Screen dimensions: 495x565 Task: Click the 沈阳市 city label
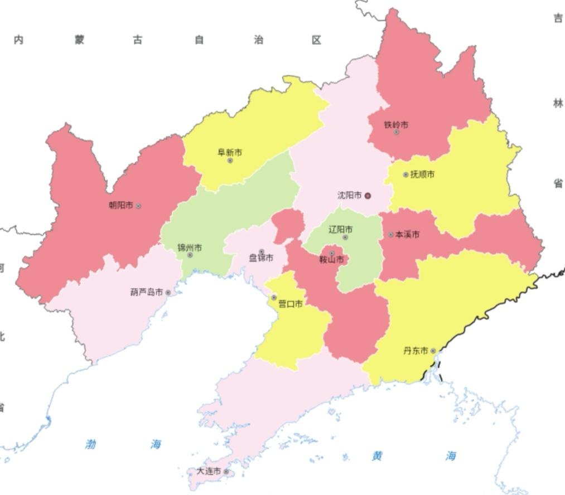(350, 196)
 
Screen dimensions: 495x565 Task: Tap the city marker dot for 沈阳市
(368, 196)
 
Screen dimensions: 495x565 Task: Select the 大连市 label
(209, 472)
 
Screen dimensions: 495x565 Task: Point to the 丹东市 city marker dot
(433, 351)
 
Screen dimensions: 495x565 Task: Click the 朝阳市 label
(121, 205)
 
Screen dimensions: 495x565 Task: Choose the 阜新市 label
(230, 152)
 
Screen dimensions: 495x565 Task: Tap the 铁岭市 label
(396, 125)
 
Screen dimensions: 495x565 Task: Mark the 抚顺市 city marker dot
(405, 174)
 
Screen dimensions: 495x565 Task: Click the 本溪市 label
(407, 235)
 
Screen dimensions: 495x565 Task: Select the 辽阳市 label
(340, 230)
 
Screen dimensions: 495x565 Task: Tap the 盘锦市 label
(261, 258)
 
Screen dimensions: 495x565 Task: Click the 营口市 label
(291, 304)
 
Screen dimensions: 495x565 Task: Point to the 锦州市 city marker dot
(190, 255)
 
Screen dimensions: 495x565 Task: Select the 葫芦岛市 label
(147, 292)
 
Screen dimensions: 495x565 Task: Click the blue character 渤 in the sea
(91, 444)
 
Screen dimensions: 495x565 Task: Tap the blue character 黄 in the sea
(378, 456)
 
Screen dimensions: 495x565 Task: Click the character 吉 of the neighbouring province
(558, 18)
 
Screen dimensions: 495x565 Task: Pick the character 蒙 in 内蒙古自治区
(79, 40)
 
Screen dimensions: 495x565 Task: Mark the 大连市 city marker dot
(226, 472)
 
